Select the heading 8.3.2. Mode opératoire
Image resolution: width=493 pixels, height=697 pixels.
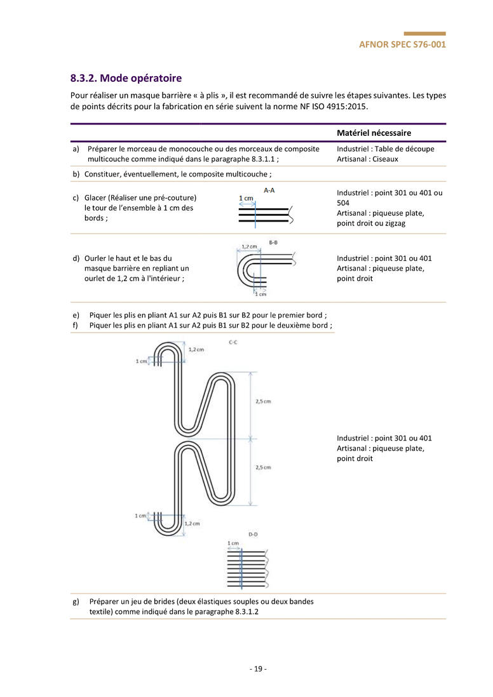(126, 78)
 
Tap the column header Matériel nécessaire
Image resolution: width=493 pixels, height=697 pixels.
(374, 133)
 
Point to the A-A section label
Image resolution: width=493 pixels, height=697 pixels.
(269, 190)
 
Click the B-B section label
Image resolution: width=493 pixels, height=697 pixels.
(273, 242)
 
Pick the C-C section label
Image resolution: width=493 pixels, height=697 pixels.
(233, 342)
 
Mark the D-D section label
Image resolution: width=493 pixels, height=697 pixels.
(252, 534)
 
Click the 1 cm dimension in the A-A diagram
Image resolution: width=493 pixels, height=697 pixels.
(246, 199)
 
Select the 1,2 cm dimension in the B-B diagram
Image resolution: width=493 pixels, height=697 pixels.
(249, 247)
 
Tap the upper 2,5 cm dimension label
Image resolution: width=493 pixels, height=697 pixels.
(263, 401)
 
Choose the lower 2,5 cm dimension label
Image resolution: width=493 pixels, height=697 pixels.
(263, 467)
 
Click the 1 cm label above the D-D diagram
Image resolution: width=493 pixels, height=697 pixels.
(233, 543)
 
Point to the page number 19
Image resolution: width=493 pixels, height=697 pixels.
(257, 668)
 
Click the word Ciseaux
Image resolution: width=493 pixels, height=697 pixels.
(385, 159)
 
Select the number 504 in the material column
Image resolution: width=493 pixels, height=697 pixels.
(344, 203)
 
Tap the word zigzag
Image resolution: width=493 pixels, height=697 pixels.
(394, 223)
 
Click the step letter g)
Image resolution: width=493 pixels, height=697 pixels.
(76, 601)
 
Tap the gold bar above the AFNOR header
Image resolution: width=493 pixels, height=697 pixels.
(424, 34)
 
